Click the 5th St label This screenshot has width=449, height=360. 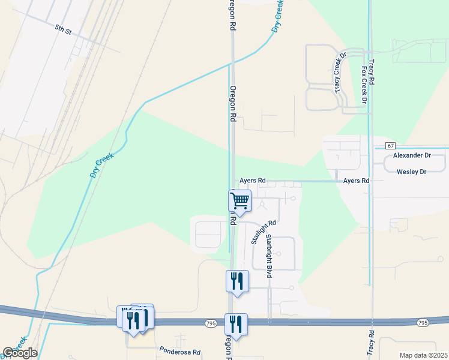tap(63, 28)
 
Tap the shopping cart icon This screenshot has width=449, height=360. tap(240, 202)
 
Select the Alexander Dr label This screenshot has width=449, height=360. tap(412, 155)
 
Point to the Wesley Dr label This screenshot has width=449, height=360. tap(412, 172)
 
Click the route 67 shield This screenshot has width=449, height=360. tap(391, 146)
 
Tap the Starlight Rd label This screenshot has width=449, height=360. tap(262, 231)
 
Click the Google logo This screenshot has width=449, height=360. tap(20, 353)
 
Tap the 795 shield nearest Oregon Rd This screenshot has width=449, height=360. tap(210, 323)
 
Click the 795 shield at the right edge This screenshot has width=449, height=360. tap(423, 323)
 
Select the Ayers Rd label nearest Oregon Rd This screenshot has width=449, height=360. tap(252, 180)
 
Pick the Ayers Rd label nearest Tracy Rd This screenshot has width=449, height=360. tap(355, 180)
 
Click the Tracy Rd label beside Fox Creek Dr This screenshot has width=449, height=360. tap(372, 71)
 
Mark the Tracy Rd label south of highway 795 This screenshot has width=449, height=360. tap(372, 342)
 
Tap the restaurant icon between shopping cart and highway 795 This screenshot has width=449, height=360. tap(237, 280)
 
